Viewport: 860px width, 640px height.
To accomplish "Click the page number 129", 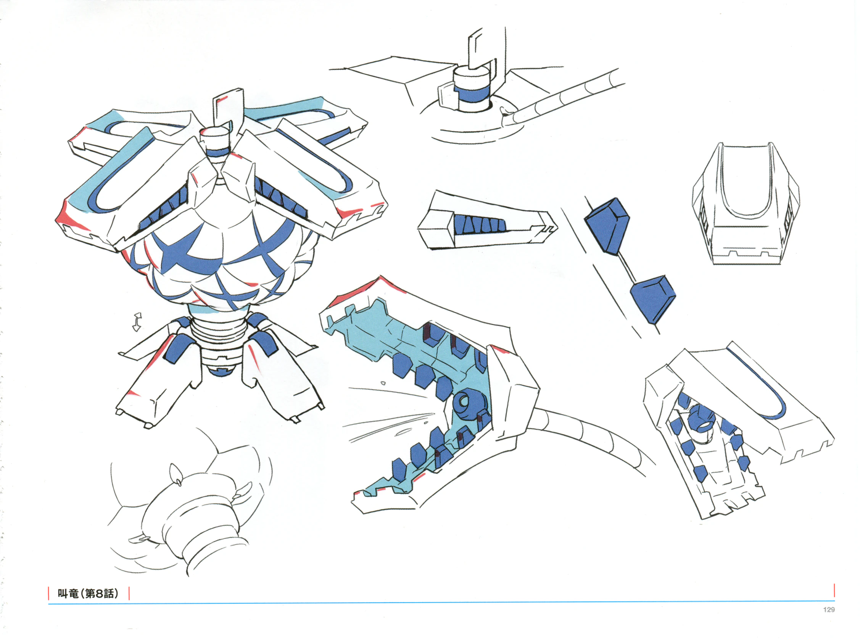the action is click(829, 609).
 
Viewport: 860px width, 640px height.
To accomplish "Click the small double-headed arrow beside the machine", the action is click(137, 322).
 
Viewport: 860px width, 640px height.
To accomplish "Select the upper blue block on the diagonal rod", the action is click(607, 226).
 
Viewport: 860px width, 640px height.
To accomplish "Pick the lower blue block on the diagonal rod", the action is click(653, 299).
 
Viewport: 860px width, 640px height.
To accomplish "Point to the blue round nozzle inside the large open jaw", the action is click(465, 403).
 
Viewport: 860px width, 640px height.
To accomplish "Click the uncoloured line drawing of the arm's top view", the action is click(746, 203).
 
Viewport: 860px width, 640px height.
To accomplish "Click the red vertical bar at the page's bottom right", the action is click(834, 590).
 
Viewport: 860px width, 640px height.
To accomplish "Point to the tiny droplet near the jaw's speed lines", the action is click(383, 383).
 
